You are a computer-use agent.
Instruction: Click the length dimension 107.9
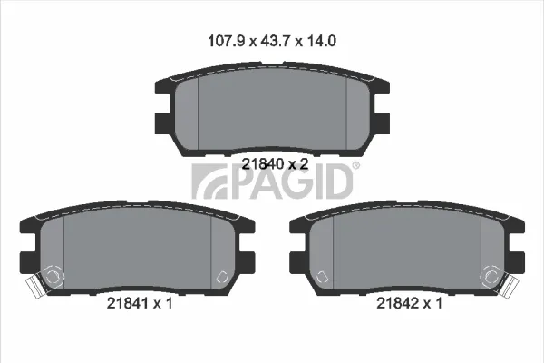[x=226, y=41]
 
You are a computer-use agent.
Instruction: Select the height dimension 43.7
[x=276, y=41]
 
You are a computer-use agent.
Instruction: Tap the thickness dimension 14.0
[x=321, y=41]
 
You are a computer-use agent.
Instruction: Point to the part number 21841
[x=128, y=304]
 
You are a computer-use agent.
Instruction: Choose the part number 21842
[x=398, y=304]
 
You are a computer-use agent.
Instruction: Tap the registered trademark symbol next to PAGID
[x=356, y=165]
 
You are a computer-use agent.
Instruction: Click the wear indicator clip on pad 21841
[x=35, y=287]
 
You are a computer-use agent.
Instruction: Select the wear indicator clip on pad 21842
[x=510, y=287]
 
